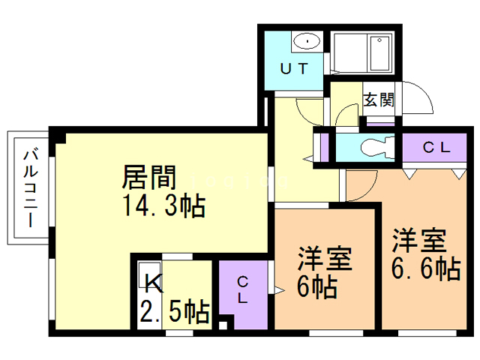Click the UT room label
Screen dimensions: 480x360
[x=293, y=68]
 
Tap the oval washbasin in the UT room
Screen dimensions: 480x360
[x=307, y=40]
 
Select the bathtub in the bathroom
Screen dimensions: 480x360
[x=379, y=53]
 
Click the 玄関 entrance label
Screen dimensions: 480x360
[x=379, y=99]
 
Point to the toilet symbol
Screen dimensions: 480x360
[x=377, y=147]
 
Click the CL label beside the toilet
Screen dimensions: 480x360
[x=436, y=148]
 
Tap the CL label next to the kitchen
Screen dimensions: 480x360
[x=242, y=290]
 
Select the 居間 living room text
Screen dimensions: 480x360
[x=149, y=177]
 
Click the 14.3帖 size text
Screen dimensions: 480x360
[x=163, y=205]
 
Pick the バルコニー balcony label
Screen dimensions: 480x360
[x=31, y=188]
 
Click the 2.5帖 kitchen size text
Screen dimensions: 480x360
[x=175, y=311]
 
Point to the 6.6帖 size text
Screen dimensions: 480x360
[x=426, y=268]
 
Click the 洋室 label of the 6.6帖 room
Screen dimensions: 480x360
[x=419, y=241]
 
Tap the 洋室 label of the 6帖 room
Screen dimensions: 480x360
[x=325, y=258]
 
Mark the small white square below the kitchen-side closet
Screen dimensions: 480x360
[x=223, y=325]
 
